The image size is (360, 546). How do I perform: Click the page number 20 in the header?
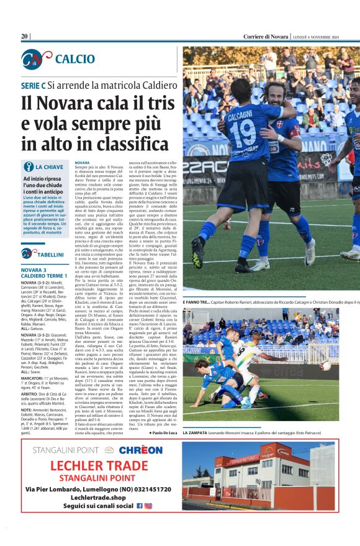(25, 37)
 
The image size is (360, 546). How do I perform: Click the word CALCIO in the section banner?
(75, 59)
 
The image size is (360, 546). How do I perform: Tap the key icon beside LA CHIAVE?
(28, 166)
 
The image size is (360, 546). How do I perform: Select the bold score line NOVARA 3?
(34, 270)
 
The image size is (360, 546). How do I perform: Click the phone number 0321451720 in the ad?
(142, 489)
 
